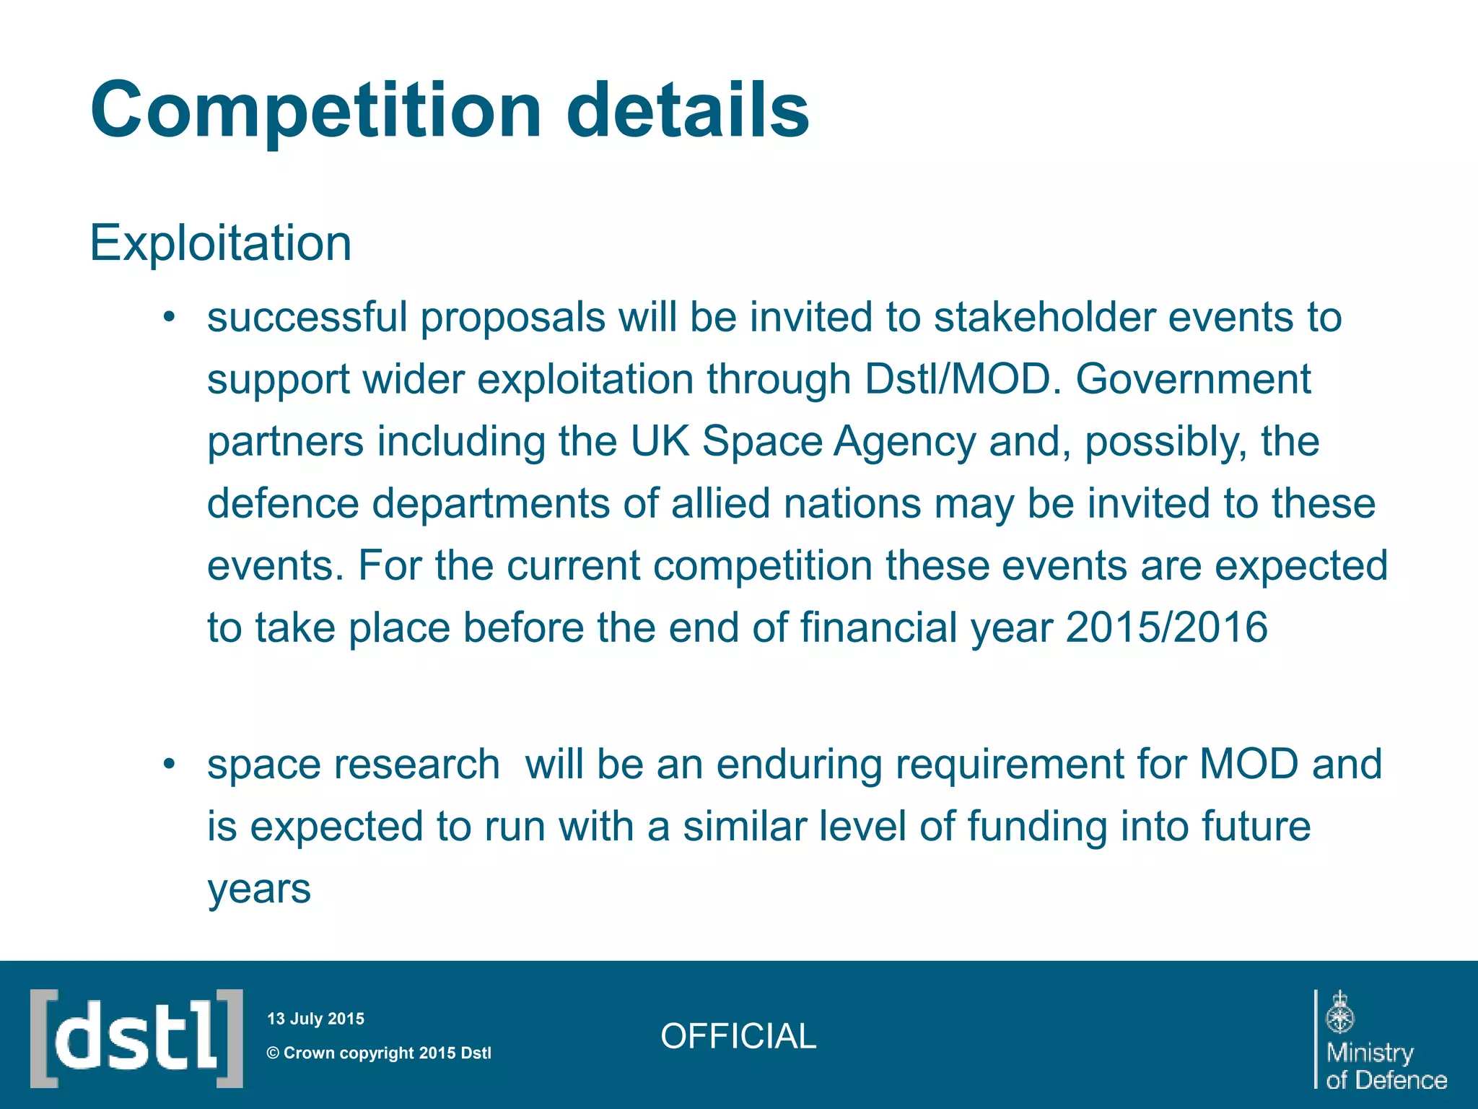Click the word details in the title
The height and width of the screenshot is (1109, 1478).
coord(687,110)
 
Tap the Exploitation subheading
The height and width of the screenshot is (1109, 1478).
coord(220,243)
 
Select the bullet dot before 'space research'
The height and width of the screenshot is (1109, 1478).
coord(170,764)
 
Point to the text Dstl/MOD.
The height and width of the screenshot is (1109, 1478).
coord(957,379)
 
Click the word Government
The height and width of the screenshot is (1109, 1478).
coord(1193,379)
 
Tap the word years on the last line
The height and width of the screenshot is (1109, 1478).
coord(259,888)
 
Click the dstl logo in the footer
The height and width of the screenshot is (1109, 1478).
coord(136,1038)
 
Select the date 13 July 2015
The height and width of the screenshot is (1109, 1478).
coord(315,1019)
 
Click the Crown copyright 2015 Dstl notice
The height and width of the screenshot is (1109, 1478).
coord(380,1053)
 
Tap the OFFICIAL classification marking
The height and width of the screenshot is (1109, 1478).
coord(738,1036)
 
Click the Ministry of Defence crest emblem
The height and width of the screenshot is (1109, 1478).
coord(1340,1012)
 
